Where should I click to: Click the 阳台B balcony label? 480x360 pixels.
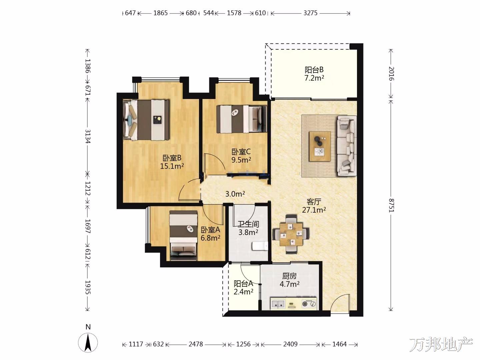(314, 70)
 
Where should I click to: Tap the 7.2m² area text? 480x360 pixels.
(314, 78)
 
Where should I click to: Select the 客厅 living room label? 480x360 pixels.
(314, 202)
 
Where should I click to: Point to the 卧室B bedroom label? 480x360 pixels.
(172, 158)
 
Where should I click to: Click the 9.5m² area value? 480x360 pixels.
(241, 160)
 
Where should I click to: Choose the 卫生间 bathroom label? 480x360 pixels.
(248, 224)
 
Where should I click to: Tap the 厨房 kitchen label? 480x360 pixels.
(289, 276)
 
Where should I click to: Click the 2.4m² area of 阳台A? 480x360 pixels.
(243, 292)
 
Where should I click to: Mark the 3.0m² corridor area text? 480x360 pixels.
(235, 194)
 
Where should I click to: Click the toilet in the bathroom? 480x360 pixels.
(260, 246)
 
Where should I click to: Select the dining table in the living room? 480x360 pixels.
(291, 234)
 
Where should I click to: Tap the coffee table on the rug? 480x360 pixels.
(320, 146)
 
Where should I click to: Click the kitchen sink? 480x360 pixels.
(278, 304)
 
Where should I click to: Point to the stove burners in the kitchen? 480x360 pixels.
(309, 304)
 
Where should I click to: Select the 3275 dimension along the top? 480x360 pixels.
(310, 13)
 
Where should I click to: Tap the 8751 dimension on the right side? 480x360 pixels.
(391, 205)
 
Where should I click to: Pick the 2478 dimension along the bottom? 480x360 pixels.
(196, 344)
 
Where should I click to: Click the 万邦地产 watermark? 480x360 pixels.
(441, 344)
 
